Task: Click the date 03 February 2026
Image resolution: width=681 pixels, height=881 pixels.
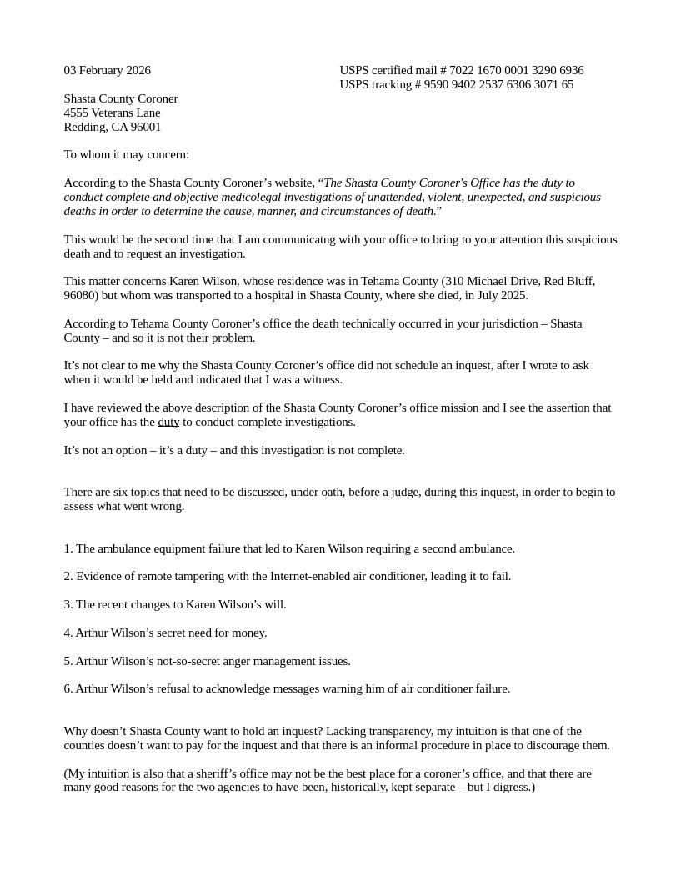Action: (107, 71)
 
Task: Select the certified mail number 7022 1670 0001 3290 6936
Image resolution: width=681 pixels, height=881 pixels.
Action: (516, 71)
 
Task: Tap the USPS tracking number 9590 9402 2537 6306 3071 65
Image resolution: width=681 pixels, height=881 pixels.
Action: (498, 85)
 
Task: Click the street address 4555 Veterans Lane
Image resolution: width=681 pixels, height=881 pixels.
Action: (112, 113)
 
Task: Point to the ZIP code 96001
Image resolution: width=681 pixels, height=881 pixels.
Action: (146, 128)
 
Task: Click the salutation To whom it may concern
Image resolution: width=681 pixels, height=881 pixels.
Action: (126, 155)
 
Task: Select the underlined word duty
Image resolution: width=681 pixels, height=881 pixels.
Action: (168, 423)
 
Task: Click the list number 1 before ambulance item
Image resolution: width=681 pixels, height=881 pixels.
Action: (68, 549)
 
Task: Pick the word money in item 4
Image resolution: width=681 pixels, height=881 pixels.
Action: (248, 633)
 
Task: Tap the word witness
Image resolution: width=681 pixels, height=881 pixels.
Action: (321, 380)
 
